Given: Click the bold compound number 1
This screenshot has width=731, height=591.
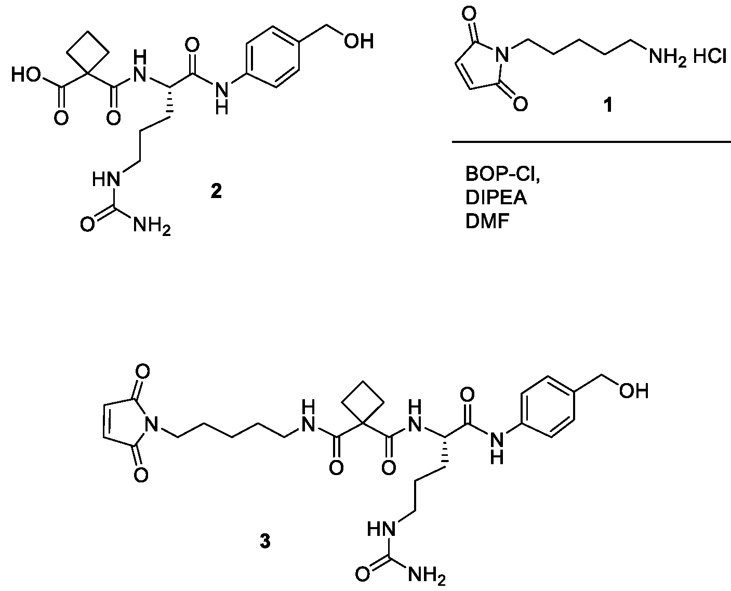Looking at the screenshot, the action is (608, 105).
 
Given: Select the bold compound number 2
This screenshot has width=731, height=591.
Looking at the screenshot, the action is (216, 191).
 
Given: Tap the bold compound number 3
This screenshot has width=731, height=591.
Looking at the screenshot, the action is (265, 541).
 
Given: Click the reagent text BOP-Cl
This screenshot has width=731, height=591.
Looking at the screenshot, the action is (502, 174).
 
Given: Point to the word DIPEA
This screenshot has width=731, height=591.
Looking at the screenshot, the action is (496, 198).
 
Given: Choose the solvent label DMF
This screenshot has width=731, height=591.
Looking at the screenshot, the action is (487, 221).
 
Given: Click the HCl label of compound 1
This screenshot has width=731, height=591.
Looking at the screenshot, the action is (709, 56).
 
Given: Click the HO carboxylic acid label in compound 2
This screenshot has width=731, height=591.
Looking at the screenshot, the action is (26, 75).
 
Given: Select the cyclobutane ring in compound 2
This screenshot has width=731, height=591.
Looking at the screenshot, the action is (88, 52).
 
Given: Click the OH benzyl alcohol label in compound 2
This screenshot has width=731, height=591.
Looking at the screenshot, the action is (359, 42).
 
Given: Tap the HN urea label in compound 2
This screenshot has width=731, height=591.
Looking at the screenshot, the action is (106, 179).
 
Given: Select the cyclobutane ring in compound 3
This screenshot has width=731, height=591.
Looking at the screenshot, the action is (363, 403).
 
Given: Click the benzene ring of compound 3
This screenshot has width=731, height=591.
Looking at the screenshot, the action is (547, 407).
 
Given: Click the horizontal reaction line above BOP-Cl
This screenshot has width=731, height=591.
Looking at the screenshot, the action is (591, 141).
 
